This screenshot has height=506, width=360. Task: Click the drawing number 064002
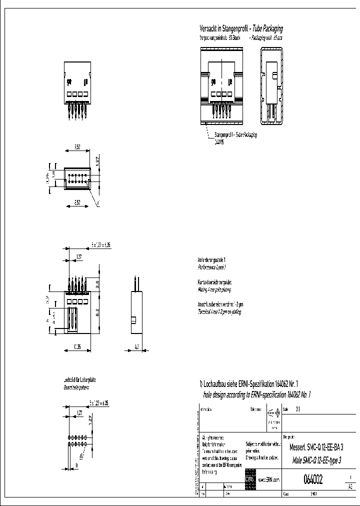[313, 480]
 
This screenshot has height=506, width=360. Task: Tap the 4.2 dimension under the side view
[137, 346]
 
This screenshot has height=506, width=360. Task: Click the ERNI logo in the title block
[249, 478]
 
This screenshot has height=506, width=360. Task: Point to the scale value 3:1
[298, 409]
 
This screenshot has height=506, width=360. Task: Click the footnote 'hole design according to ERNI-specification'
[257, 394]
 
